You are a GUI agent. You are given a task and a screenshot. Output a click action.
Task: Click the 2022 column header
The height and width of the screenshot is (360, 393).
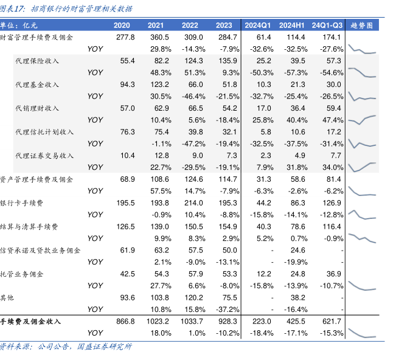(190, 25)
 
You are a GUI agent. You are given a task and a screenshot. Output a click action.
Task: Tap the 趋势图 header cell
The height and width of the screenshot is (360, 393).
(363, 25)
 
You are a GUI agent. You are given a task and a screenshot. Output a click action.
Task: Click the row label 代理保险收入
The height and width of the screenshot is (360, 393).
(37, 61)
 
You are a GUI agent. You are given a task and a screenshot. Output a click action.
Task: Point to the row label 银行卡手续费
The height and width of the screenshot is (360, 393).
(26, 202)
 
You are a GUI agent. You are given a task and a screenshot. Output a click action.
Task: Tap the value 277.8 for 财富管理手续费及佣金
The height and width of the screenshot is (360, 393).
(124, 37)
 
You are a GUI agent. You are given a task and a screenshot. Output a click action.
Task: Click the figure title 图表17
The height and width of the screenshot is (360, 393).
(15, 9)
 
